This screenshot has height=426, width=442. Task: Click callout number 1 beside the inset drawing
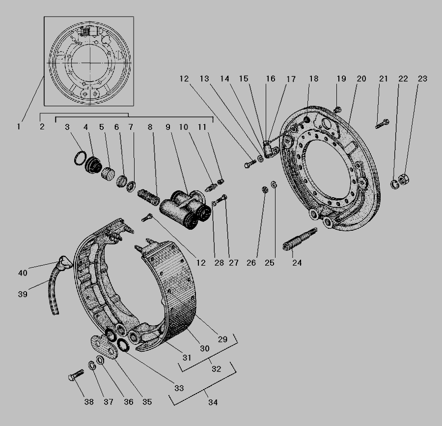click(x=19, y=127)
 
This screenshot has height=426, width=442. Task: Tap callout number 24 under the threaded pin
click(x=297, y=263)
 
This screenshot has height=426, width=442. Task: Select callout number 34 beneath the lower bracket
click(x=213, y=402)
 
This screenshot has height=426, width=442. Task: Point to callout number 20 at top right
click(x=361, y=79)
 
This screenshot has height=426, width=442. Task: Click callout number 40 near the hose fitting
click(x=23, y=273)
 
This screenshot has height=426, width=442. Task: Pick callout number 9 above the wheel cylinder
click(x=168, y=127)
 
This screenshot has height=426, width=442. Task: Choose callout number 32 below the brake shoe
click(x=217, y=369)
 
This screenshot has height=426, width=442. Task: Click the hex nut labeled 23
click(x=404, y=179)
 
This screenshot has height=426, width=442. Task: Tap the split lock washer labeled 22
click(x=395, y=184)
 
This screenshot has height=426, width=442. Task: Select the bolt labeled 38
click(x=76, y=375)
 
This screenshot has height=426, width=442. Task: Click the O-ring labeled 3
click(x=81, y=158)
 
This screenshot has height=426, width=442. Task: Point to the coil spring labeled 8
click(x=148, y=197)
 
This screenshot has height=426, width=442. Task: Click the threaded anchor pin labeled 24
click(x=300, y=239)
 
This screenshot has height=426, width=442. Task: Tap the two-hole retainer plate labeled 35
click(x=104, y=347)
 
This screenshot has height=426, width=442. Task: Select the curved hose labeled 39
click(x=54, y=291)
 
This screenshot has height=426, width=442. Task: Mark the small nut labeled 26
click(x=265, y=189)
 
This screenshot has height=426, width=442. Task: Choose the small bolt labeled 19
click(x=337, y=109)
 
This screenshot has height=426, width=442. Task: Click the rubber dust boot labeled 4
click(x=93, y=164)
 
